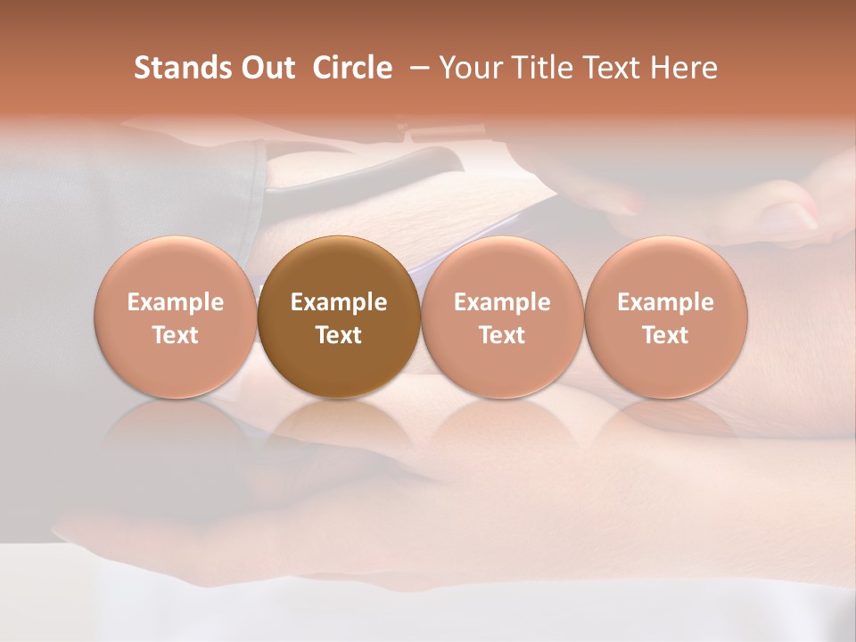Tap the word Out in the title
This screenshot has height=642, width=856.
tap(267, 68)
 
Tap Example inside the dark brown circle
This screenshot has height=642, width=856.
tap(339, 302)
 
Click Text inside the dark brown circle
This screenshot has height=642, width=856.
tap(339, 335)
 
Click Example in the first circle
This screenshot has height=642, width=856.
tap(176, 302)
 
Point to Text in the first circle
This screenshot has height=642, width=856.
tap(176, 335)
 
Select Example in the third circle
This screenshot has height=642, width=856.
tap(502, 302)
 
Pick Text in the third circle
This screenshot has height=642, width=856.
tap(502, 335)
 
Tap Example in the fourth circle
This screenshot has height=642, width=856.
tap(666, 302)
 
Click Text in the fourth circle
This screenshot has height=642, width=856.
tap(666, 335)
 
